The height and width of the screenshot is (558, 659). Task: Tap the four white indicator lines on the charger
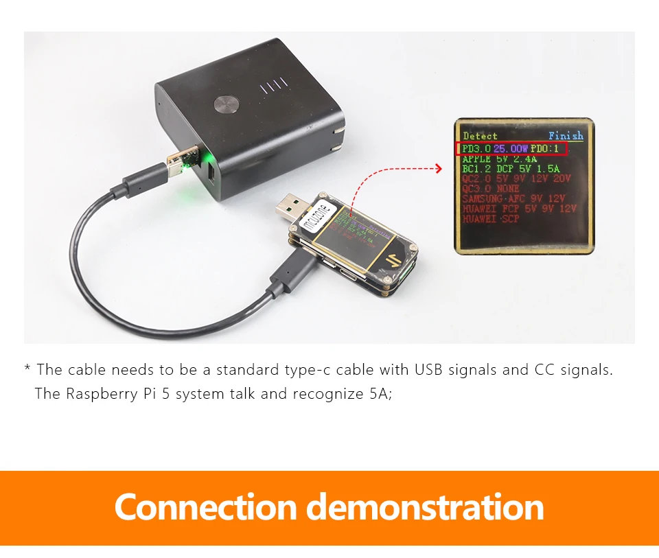tap(273, 87)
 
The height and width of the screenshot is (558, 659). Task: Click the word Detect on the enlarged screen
tap(480, 136)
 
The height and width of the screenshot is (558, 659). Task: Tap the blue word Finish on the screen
tap(566, 136)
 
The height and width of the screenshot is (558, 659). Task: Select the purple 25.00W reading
tap(511, 149)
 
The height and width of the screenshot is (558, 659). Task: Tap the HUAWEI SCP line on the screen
tap(491, 219)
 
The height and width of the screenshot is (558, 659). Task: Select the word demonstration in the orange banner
tap(424, 507)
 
